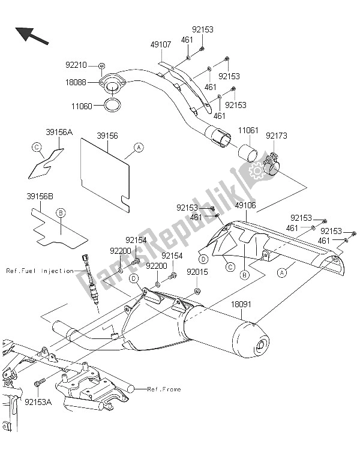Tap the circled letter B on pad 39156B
point(60,212)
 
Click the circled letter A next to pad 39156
point(138,146)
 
